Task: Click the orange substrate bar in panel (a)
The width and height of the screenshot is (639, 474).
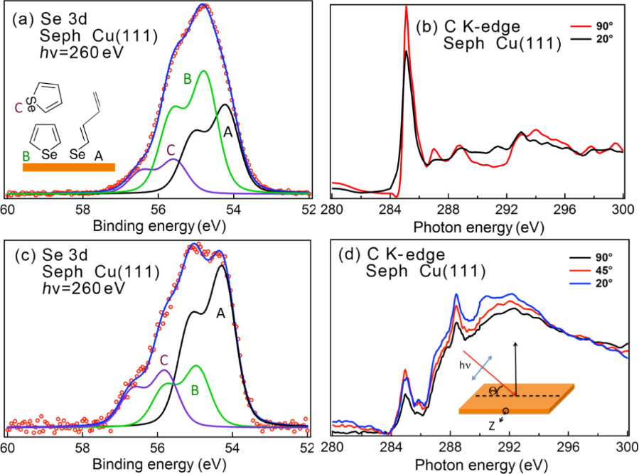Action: [x=68, y=167]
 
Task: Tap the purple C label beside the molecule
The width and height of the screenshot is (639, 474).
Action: [x=18, y=109]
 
